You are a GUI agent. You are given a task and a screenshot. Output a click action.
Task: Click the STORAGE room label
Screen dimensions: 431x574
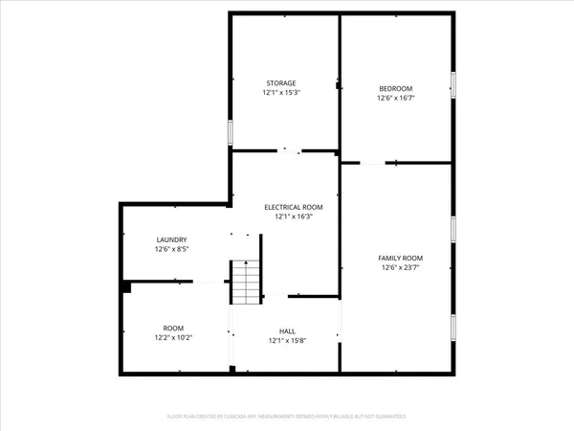pos(280,83)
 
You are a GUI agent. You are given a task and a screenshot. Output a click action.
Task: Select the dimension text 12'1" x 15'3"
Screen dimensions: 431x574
pos(280,93)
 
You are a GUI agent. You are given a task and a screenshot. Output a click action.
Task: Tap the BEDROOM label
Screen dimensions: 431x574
pos(395,88)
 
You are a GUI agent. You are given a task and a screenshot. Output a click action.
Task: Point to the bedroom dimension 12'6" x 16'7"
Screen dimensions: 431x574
pos(395,98)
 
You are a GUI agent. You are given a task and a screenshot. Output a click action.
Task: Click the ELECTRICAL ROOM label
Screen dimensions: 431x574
pos(294,207)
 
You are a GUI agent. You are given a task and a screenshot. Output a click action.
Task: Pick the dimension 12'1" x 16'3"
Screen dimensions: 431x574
pos(294,216)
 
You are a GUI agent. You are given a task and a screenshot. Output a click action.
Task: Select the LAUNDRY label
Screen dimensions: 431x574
pos(172,239)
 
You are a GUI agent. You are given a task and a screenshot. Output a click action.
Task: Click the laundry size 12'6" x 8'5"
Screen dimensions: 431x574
pos(172,249)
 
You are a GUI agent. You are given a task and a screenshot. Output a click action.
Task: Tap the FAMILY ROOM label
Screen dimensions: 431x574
pos(400,259)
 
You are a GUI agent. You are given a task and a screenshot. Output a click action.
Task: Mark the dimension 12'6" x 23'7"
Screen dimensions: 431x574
pos(400,268)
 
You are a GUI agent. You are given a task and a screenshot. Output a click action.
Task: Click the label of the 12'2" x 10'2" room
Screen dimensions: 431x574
pos(173,328)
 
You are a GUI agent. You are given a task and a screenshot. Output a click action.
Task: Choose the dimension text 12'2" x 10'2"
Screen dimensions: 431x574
pos(173,337)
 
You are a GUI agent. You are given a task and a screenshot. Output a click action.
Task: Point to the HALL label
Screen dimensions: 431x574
pos(287,330)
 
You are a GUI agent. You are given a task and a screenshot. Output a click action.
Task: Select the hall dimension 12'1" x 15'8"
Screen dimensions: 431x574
pos(287,340)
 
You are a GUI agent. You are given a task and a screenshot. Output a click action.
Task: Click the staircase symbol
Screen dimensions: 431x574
pos(244,282)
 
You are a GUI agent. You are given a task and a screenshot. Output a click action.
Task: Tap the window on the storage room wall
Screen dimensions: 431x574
pos(231,131)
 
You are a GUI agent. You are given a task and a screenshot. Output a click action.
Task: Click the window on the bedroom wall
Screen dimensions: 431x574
pos(453,84)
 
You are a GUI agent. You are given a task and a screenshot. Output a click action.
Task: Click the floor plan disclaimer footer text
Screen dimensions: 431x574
pos(287,417)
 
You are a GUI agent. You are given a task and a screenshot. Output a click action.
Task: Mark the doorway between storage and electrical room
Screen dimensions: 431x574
pos(289,150)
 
